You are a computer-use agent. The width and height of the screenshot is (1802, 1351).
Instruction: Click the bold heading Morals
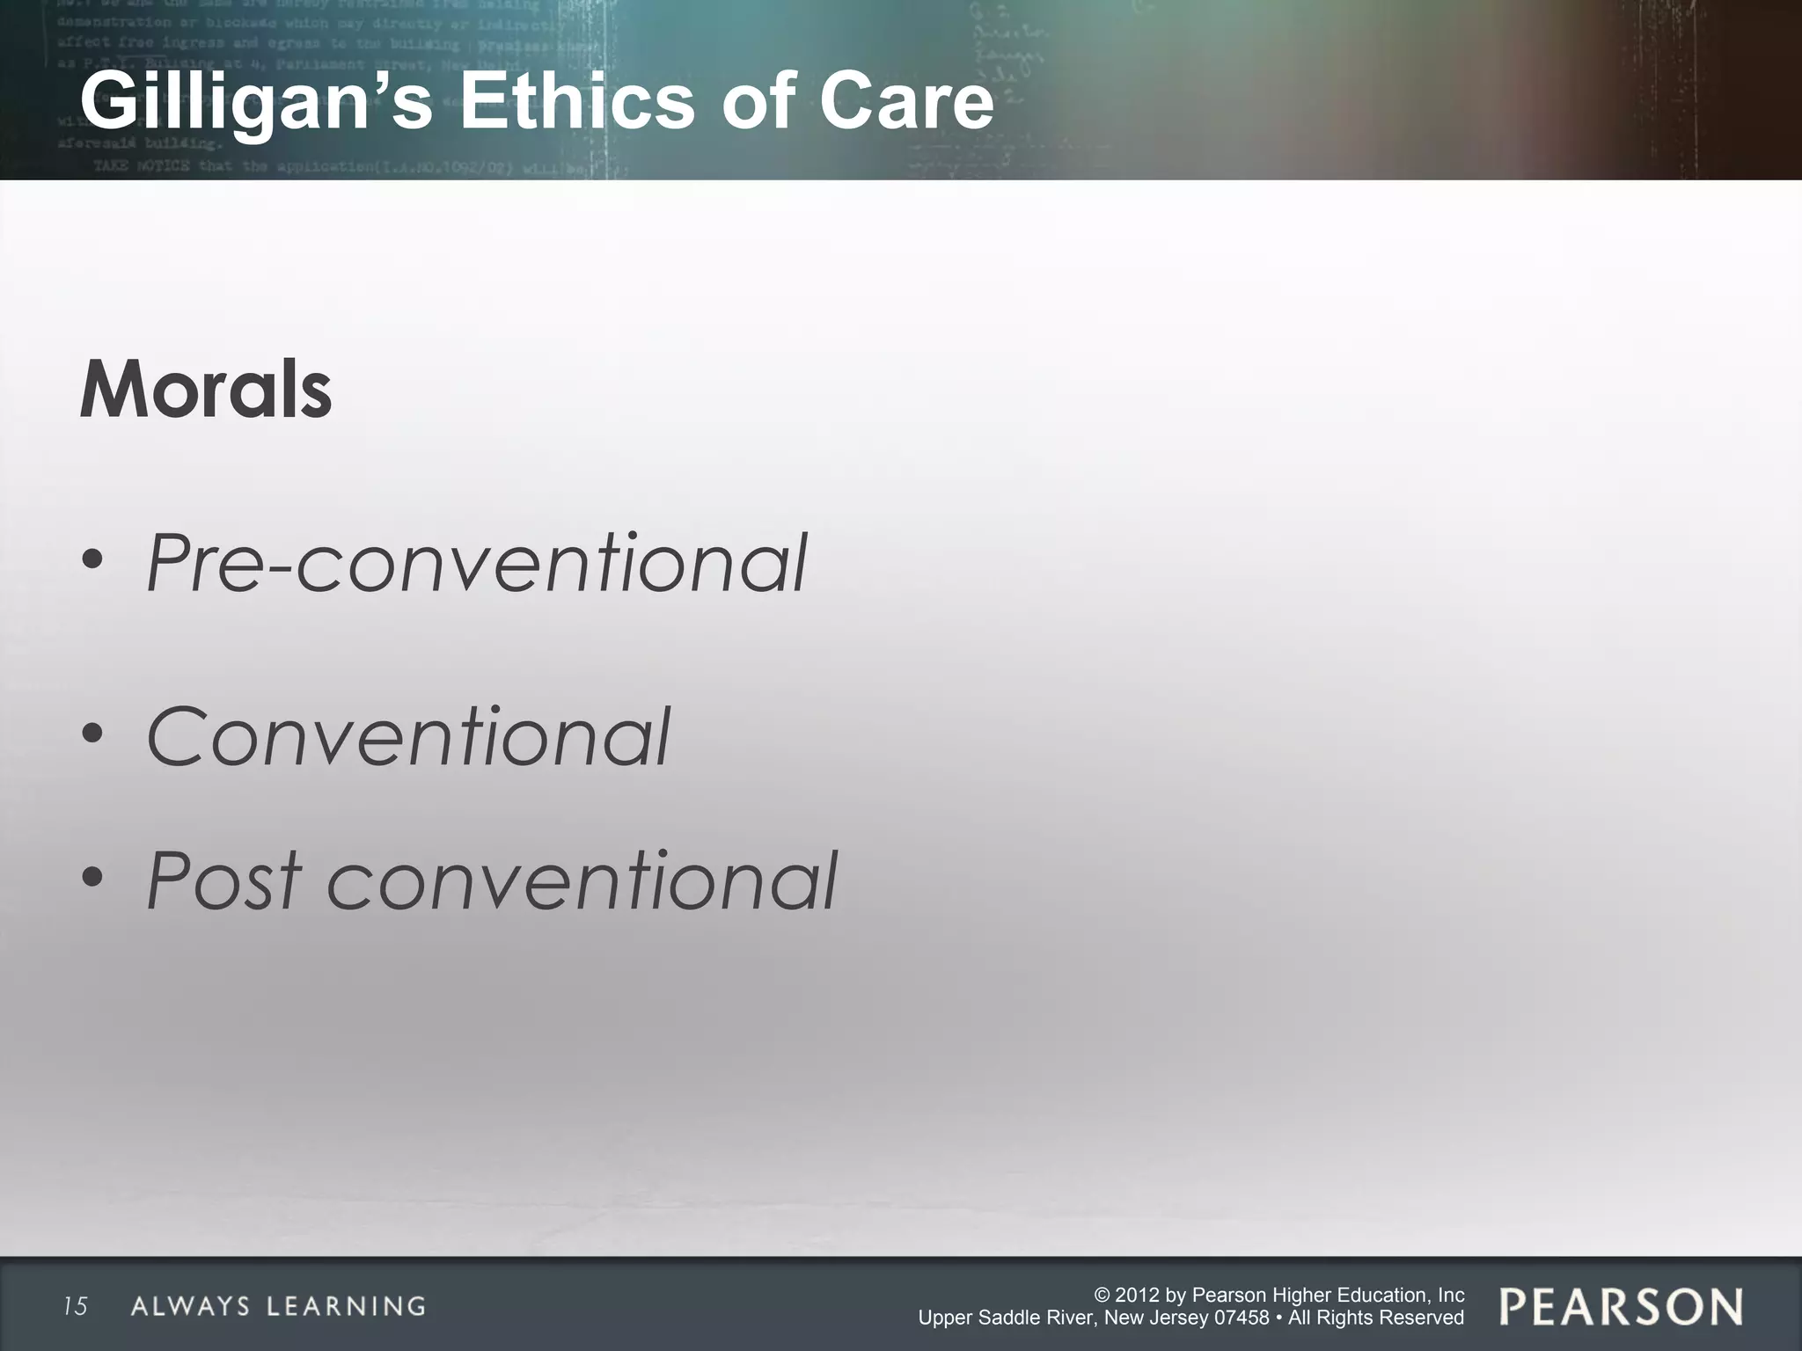(x=206, y=391)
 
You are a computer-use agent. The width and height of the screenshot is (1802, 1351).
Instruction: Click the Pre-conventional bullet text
(x=476, y=563)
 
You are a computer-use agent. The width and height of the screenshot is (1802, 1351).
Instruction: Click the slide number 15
(x=76, y=1306)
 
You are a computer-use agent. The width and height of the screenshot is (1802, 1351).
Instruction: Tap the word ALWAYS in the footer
(x=190, y=1306)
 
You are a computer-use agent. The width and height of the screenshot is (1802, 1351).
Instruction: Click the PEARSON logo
(x=1621, y=1306)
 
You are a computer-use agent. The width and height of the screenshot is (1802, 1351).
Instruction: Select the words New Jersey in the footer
(x=1147, y=1318)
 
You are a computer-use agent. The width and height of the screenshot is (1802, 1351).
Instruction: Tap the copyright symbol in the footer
(x=1102, y=1295)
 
